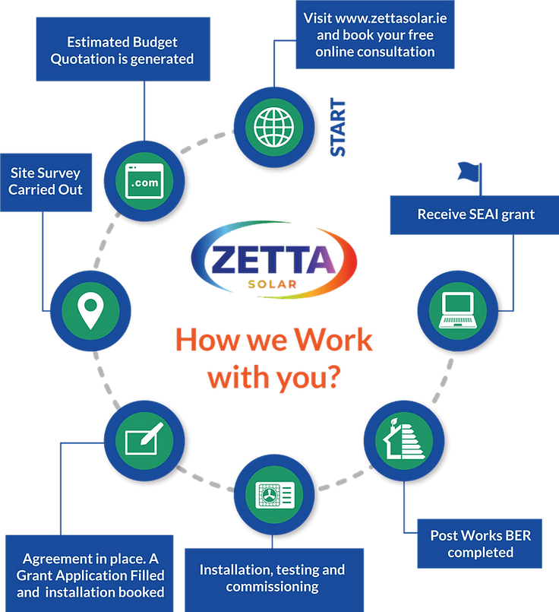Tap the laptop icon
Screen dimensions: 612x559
coord(457,309)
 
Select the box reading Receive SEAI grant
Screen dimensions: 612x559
coord(475,214)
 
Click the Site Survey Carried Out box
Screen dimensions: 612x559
coord(46,182)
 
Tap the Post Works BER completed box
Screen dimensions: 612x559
coord(479,544)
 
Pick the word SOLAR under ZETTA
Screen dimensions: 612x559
coord(272,284)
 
